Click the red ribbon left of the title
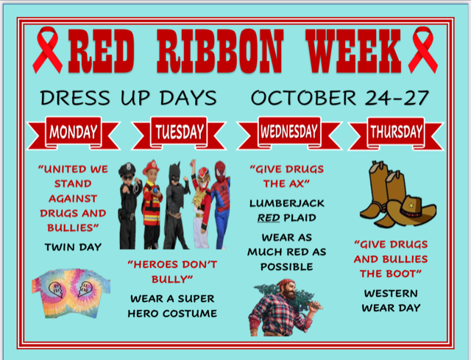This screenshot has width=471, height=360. [47, 49]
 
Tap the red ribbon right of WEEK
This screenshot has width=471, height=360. [423, 49]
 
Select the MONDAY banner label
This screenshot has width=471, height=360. [74, 132]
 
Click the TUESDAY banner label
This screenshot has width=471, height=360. [180, 132]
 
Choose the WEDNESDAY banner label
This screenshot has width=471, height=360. [289, 132]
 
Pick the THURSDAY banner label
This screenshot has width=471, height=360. [396, 132]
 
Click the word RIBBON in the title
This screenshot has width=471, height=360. [220, 51]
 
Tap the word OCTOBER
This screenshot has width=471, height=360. [303, 98]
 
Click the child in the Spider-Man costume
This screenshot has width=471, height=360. [221, 205]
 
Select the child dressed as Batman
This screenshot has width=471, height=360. [177, 206]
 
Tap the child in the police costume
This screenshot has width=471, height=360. [130, 206]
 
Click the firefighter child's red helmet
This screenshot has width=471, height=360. [151, 166]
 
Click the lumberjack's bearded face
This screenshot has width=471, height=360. [289, 289]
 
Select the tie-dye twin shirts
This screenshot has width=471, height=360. [71, 293]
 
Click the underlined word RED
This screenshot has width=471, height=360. [269, 218]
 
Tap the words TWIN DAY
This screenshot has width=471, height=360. [73, 247]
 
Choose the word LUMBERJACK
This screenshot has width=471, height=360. [287, 203]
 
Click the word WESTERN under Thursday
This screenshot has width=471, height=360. [391, 293]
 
